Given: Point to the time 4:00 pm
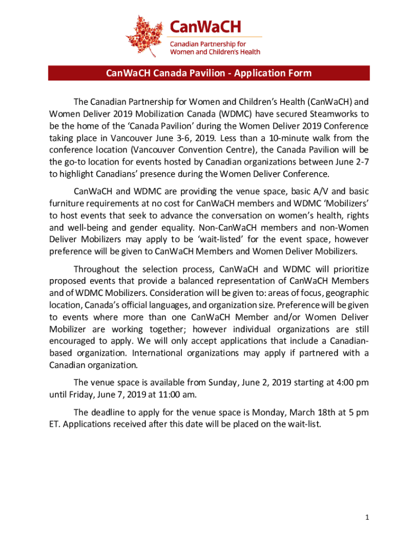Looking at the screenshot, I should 351,383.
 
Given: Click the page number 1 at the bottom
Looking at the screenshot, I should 367,517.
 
